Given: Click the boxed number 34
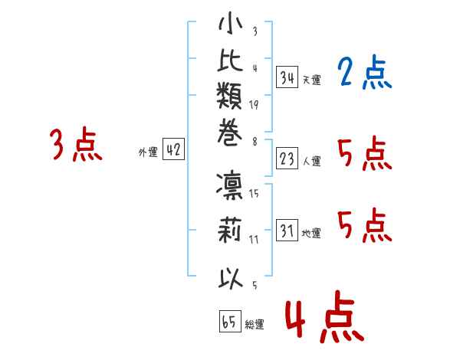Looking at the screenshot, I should pyautogui.click(x=287, y=77).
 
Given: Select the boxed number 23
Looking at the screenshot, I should pyautogui.click(x=287, y=158).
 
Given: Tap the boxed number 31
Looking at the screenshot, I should pyautogui.click(x=287, y=231).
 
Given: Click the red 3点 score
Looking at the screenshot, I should pyautogui.click(x=76, y=146).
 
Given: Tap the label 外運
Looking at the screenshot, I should pyautogui.click(x=148, y=152).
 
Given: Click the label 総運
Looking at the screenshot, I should pyautogui.click(x=254, y=325).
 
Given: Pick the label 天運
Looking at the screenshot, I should pyautogui.click(x=311, y=80).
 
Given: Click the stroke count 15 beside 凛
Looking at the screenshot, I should pyautogui.click(x=254, y=194).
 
